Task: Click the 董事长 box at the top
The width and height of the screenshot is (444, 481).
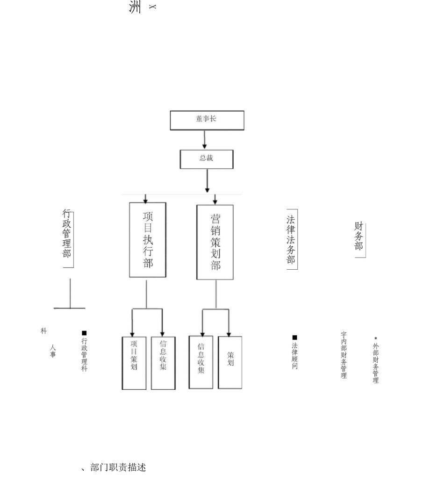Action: pos(207,120)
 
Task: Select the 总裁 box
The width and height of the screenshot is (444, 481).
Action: pos(207,159)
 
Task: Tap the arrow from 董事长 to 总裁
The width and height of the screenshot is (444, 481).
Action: pos(205,139)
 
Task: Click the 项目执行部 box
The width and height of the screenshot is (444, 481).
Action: pos(148,240)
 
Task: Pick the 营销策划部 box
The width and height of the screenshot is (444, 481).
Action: pos(215,242)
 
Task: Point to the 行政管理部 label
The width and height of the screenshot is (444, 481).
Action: pos(67,233)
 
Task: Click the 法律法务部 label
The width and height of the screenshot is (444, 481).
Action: pos(291,239)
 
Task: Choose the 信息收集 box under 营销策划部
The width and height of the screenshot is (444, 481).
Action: pos(201,362)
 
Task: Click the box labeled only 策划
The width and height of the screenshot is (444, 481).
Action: pos(230,362)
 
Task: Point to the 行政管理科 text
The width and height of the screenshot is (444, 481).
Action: pos(85,355)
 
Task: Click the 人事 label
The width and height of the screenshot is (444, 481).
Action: pos(53,351)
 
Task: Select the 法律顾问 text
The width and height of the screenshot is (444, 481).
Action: pos(295,356)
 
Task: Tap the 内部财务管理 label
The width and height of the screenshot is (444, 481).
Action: pos(344,355)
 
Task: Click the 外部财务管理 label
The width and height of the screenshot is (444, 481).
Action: pos(376,363)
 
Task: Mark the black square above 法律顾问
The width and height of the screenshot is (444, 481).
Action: pos(294,337)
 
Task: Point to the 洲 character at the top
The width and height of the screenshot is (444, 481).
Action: pos(135,7)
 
